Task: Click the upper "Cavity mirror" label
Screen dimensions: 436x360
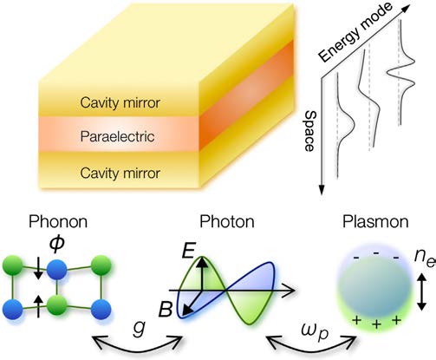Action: [120, 103]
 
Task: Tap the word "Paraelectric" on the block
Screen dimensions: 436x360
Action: [117, 136]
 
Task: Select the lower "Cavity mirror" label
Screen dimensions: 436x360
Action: [120, 173]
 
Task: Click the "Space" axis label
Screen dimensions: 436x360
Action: [310, 131]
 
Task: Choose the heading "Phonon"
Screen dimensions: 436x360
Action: [58, 222]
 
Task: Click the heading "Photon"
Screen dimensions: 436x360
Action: [227, 222]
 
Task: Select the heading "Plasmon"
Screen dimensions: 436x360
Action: [375, 222]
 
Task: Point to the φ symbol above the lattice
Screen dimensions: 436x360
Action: [57, 245]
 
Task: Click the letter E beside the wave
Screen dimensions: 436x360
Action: [189, 251]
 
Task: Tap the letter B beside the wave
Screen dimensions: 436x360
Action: [166, 309]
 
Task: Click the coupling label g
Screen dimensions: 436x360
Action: [140, 329]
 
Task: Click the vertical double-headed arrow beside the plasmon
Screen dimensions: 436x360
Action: [421, 292]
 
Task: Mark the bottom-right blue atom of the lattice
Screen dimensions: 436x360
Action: [101, 309]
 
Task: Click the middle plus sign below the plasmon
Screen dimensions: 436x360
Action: [376, 324]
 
